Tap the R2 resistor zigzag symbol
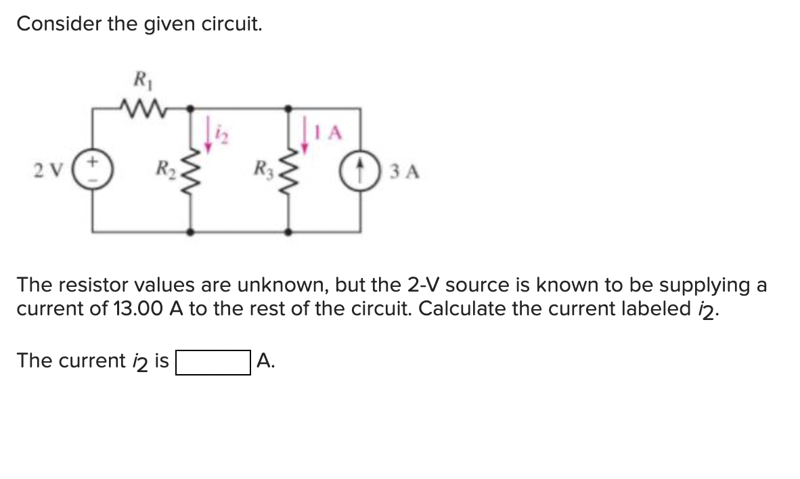[191, 169]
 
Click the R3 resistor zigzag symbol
[289, 169]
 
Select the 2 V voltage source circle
[93, 169]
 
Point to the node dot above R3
[289, 108]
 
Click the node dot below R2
[191, 231]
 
